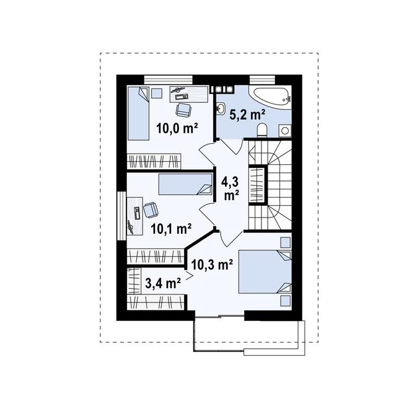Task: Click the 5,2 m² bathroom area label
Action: [x=247, y=115]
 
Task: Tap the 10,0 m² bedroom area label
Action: [x=177, y=128]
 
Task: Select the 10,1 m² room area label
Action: [x=172, y=229]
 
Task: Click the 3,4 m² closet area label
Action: [x=163, y=283]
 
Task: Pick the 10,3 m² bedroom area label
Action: [x=212, y=265]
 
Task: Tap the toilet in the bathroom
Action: [x=262, y=130]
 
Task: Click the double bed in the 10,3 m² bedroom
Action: [x=265, y=271]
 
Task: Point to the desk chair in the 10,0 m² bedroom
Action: [x=183, y=109]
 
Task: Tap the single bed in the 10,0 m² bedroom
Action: [x=138, y=113]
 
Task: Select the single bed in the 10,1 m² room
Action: [x=185, y=184]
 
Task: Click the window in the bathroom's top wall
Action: [x=262, y=79]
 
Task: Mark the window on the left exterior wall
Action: [x=121, y=216]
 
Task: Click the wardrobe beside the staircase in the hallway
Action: [x=257, y=185]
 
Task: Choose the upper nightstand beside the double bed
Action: [x=286, y=242]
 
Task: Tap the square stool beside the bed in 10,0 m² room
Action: [x=157, y=93]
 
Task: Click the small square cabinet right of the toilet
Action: [x=285, y=130]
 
